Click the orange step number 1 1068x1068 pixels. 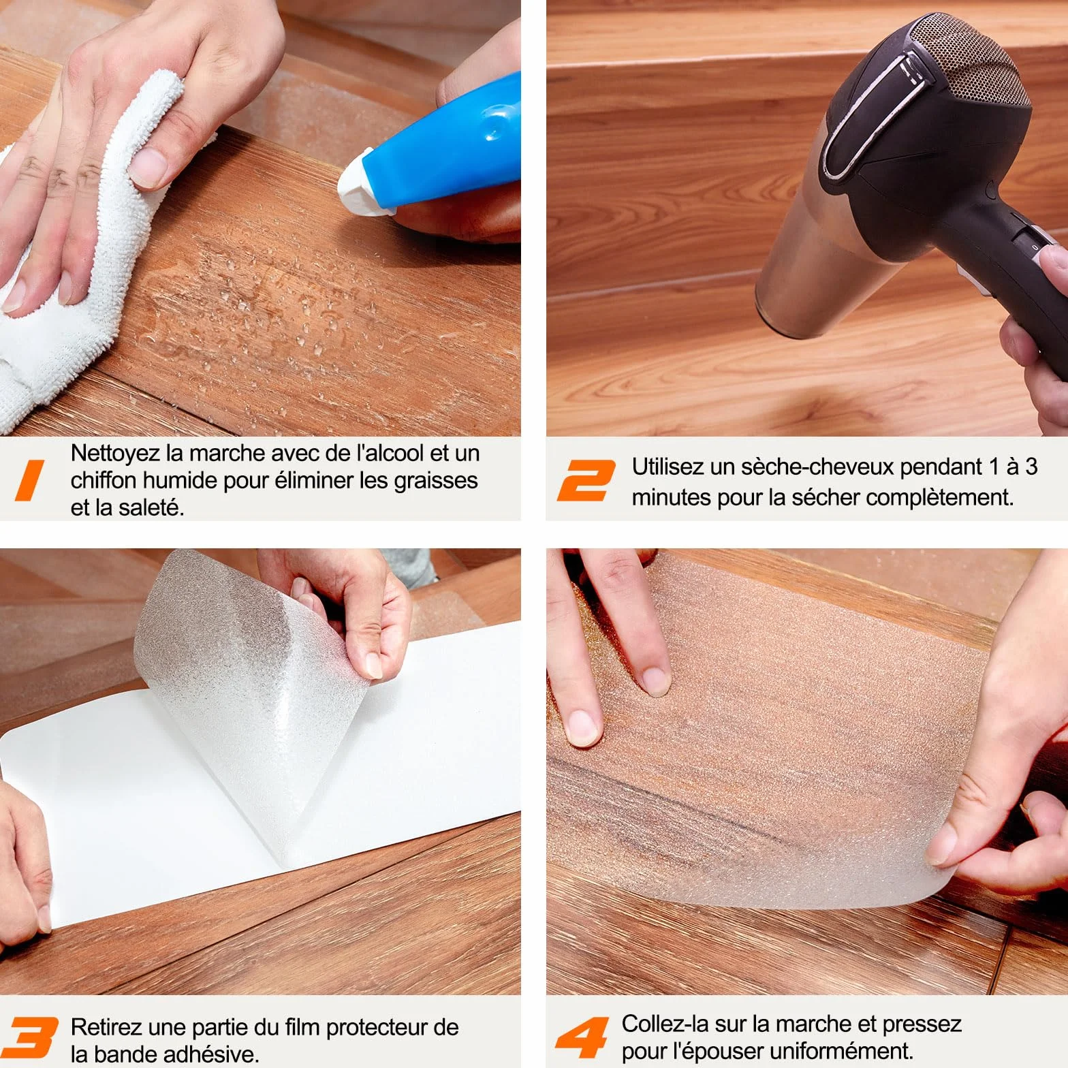coord(30,480)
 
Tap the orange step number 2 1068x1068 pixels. coord(586,480)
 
